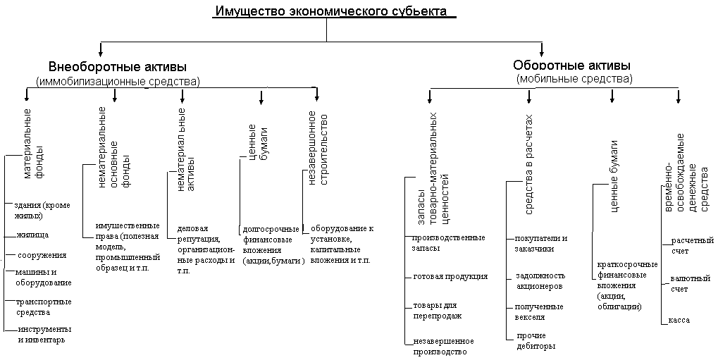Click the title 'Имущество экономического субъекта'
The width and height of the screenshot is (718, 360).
click(331, 12)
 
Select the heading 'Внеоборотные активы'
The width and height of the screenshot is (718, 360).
click(118, 68)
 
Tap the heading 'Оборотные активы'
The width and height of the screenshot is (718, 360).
click(571, 66)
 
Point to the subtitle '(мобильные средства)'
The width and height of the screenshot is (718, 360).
click(574, 78)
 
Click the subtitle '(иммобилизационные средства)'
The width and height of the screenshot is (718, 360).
click(118, 81)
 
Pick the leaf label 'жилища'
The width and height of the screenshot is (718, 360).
click(32, 234)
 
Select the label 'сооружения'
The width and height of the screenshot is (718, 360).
click(42, 255)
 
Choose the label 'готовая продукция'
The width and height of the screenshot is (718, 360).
click(450, 276)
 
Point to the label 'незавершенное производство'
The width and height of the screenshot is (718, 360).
click(440, 346)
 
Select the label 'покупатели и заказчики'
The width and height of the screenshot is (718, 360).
click(540, 243)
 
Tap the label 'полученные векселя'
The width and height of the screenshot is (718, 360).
click(539, 311)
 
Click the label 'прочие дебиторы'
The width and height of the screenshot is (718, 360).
click(536, 340)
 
